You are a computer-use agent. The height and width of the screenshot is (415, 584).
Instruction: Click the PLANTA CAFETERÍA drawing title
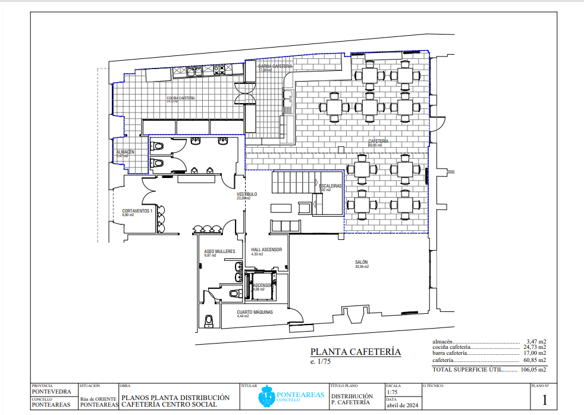[x=356, y=352]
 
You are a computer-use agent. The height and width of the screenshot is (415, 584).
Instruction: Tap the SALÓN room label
[x=362, y=263]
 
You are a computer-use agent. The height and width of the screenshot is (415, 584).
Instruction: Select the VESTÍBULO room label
[x=247, y=195]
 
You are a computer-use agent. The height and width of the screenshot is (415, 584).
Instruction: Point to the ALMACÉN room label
[x=125, y=152]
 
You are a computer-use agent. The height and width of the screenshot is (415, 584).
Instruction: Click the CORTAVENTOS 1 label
[x=137, y=211]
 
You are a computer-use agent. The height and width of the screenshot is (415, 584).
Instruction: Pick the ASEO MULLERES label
[x=219, y=251]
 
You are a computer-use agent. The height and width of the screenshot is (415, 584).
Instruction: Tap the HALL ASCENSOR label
[x=266, y=250]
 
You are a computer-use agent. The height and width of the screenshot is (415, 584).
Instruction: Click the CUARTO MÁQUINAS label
[x=255, y=313]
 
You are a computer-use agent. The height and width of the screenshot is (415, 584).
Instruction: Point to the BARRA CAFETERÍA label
[x=275, y=66]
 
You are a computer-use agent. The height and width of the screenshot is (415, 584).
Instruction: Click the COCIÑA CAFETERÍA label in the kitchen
[x=181, y=98]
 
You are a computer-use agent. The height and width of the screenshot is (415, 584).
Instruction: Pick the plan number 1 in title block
[x=544, y=400]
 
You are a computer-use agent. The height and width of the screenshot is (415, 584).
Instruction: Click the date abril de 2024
[x=400, y=405]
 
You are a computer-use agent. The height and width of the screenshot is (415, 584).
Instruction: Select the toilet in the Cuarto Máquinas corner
[x=208, y=322]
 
